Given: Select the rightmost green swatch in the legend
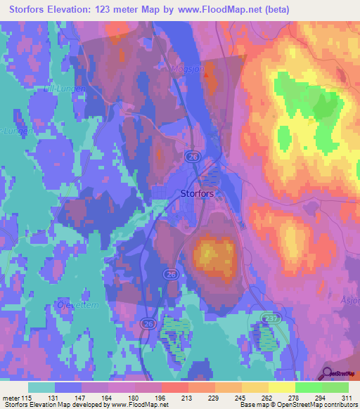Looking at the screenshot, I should coord(335,387).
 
